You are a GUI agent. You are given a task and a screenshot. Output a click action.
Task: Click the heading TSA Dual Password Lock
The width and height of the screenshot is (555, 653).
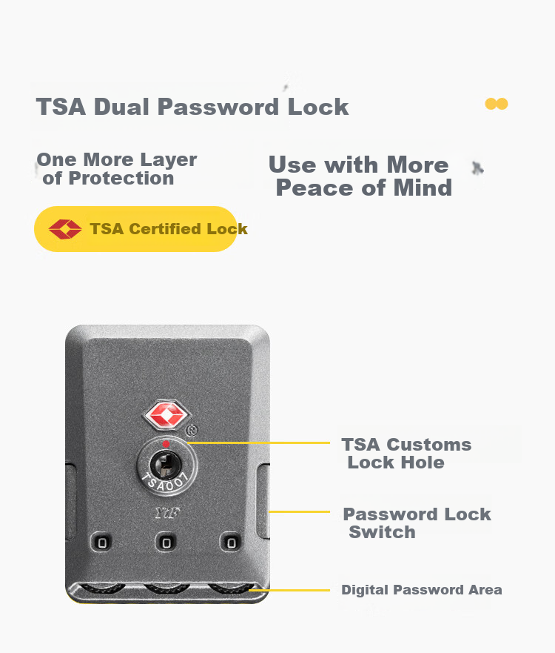point(192,107)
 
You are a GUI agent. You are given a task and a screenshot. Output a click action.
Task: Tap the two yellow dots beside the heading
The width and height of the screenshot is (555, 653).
point(497,104)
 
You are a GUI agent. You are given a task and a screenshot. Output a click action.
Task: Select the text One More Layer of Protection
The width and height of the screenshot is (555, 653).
point(117,169)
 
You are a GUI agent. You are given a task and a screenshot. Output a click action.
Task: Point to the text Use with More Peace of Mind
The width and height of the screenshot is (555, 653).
point(360,176)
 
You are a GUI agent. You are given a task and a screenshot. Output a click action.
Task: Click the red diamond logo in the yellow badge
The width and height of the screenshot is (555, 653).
point(65,229)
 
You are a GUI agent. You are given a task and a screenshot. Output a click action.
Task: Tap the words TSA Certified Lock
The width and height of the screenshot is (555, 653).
point(169,228)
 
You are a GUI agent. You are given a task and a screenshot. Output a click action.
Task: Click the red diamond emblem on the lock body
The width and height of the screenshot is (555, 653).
point(166,415)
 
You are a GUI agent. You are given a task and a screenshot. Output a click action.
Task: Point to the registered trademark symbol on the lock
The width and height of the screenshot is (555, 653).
point(191,430)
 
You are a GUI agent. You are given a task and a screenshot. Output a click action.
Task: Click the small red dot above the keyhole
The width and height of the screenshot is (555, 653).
point(166,445)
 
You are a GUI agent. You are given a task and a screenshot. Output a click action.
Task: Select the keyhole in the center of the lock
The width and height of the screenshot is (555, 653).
point(166,465)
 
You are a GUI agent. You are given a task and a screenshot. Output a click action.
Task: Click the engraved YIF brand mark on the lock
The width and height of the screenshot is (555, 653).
point(167,513)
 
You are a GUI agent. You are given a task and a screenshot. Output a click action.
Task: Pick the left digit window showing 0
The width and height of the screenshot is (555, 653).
point(102,543)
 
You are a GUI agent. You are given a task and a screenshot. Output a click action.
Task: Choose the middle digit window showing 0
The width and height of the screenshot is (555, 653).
point(166,543)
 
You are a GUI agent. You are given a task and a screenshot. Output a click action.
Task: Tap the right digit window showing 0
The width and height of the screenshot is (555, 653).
point(231,543)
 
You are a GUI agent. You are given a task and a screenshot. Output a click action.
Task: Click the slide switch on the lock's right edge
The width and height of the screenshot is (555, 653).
point(263,501)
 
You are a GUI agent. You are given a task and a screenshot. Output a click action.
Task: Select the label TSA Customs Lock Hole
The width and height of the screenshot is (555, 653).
point(406,453)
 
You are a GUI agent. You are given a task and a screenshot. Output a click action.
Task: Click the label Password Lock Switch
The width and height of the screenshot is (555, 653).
point(417,523)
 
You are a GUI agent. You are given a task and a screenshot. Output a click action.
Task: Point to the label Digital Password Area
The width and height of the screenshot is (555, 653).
point(422,590)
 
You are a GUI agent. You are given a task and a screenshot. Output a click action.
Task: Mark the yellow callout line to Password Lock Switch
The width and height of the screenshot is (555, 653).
point(299,511)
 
